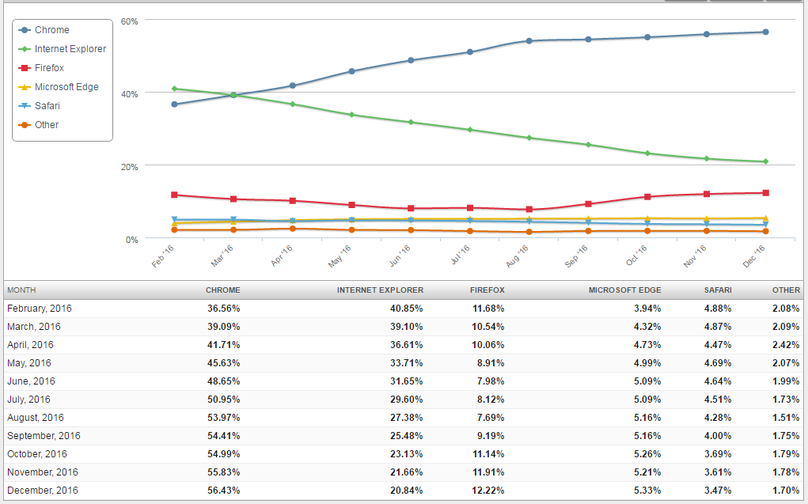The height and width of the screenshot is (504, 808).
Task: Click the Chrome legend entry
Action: click(51, 30)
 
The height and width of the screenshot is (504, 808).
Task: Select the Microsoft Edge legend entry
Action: click(66, 87)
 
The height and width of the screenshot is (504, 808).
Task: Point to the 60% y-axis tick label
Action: click(129, 21)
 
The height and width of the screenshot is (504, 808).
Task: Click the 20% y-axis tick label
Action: click(129, 167)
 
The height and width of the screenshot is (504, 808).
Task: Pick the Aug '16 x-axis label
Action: click(518, 256)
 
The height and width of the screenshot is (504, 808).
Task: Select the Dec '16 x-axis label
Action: click(755, 256)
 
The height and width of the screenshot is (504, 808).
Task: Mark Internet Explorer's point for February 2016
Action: click(174, 89)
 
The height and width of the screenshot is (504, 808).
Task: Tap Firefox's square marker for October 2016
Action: click(647, 197)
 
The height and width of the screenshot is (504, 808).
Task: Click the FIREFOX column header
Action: click(487, 290)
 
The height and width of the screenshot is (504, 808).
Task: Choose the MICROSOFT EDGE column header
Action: click(624, 290)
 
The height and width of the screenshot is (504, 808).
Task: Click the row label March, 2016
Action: click(33, 327)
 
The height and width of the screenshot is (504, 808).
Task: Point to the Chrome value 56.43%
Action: click(223, 491)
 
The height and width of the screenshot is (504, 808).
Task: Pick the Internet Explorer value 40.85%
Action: click(406, 309)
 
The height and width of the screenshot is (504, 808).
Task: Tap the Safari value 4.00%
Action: click(718, 436)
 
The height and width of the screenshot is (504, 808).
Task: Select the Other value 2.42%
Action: click(787, 345)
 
